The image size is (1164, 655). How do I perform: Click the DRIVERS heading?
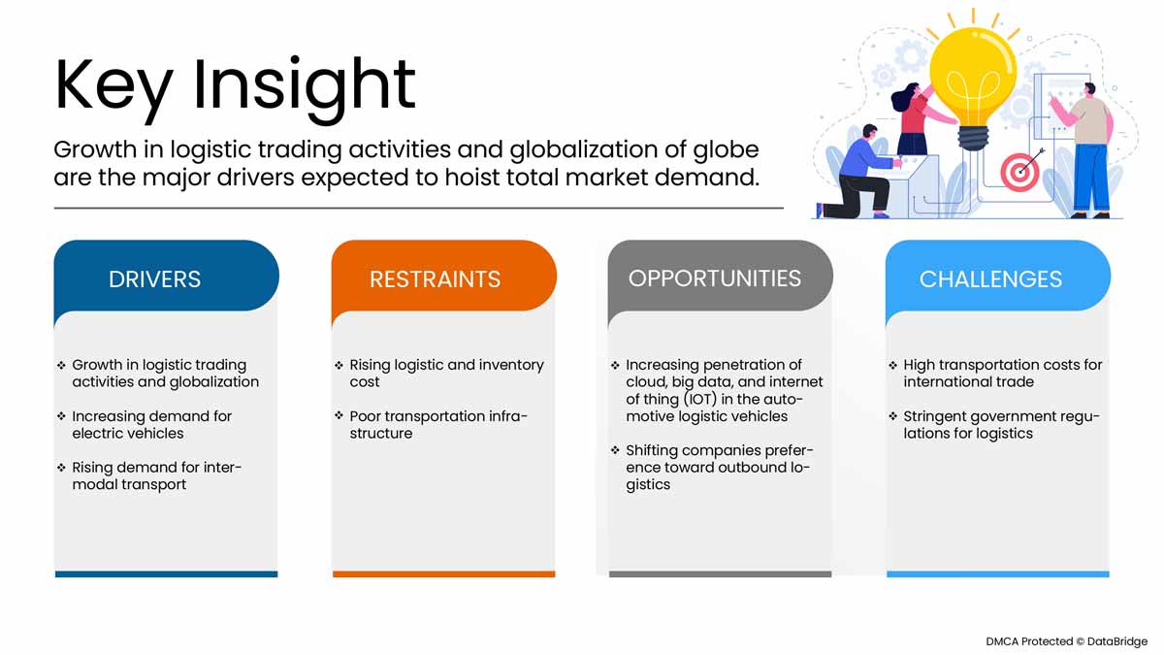tap(154, 279)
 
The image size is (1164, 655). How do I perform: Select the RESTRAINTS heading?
tap(435, 279)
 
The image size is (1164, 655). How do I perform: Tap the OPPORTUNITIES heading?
tap(715, 278)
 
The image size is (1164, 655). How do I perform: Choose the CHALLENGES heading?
tap(990, 279)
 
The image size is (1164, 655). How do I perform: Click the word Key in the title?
tap(113, 88)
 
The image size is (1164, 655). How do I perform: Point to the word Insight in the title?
tap(305, 88)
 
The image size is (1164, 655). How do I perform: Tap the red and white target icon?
tap(1019, 172)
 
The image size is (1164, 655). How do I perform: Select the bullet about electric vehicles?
tap(151, 425)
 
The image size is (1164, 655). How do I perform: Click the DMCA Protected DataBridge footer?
tap(1066, 641)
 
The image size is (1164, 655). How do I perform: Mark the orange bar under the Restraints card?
tap(444, 573)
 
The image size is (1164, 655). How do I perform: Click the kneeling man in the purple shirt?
tap(858, 173)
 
